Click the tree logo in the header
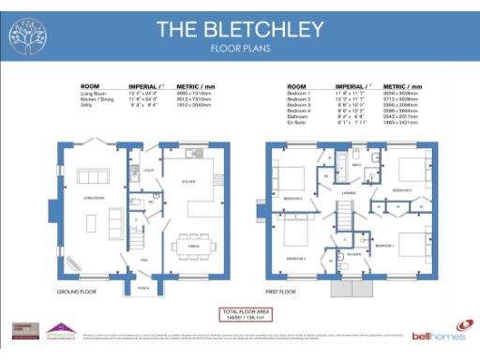click(x=26, y=36)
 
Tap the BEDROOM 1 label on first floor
click(x=384, y=245)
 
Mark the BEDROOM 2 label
click(x=296, y=257)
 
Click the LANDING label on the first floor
click(x=348, y=193)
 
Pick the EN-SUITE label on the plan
click(x=354, y=253)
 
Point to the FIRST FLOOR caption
click(x=281, y=292)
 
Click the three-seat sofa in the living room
click(x=115, y=221)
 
